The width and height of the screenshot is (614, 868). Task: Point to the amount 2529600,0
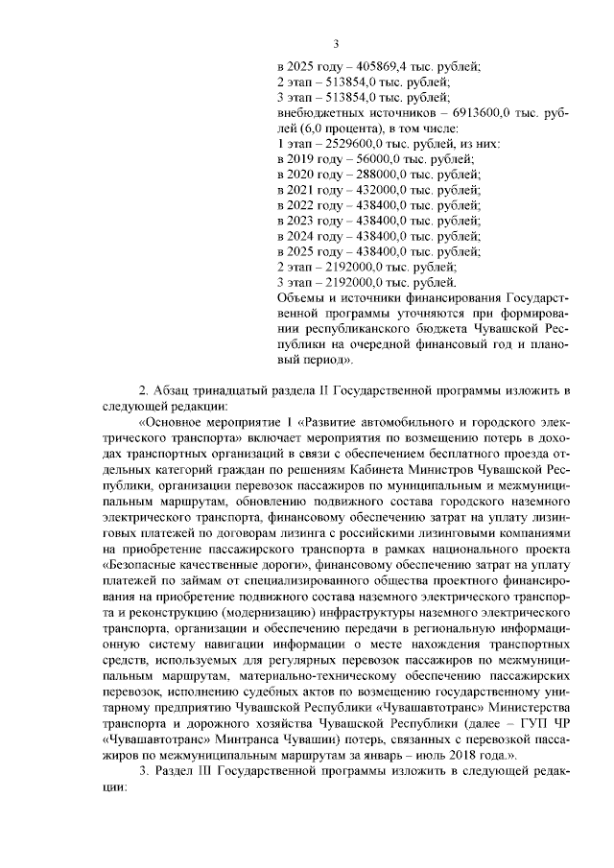pyautogui.click(x=357, y=144)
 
